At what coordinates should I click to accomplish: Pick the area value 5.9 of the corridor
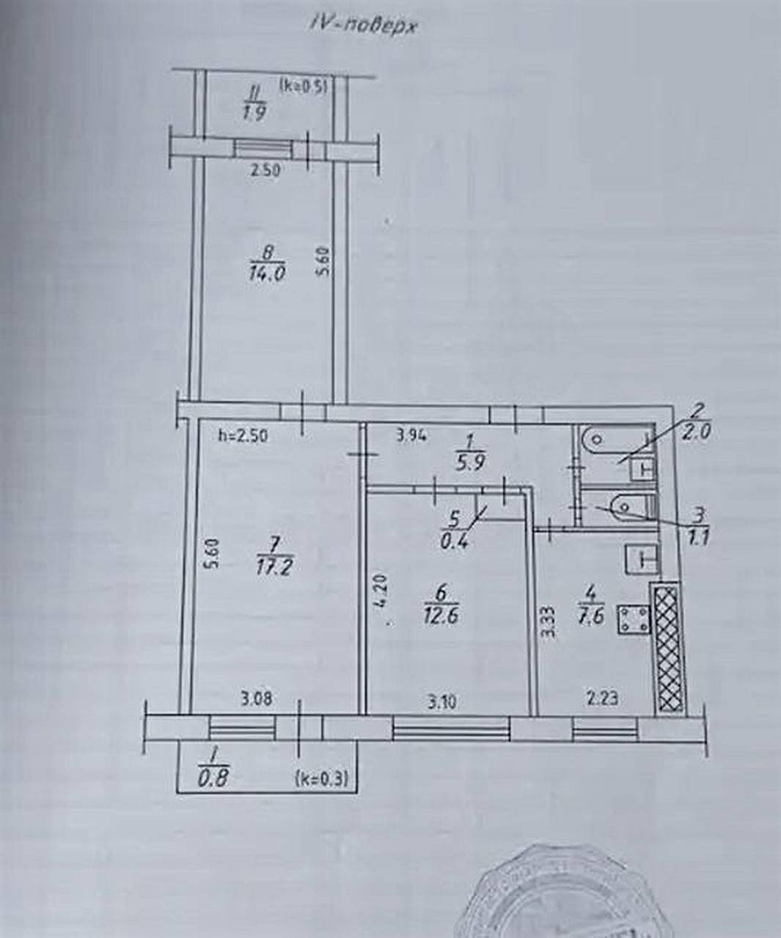pos(470,463)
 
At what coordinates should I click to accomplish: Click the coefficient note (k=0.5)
pos(303,85)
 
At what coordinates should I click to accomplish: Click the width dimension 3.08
pos(257,698)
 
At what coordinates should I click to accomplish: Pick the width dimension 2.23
pos(602,698)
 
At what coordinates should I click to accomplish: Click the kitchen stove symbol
pos(634,619)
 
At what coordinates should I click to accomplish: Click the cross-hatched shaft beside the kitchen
pos(667,648)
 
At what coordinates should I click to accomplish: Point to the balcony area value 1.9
pos(254,113)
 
